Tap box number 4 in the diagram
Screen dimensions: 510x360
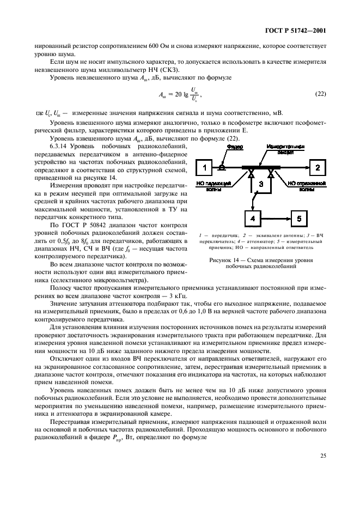tap(252, 218)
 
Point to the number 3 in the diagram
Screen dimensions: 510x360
tap(261, 185)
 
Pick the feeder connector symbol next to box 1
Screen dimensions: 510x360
tap(222, 167)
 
